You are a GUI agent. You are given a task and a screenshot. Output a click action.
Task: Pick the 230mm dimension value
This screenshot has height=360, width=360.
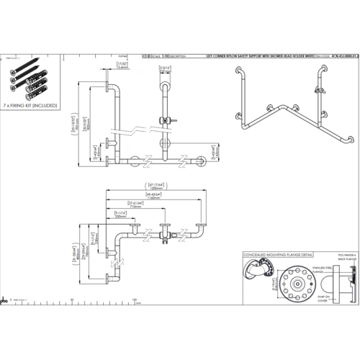click(120, 222)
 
